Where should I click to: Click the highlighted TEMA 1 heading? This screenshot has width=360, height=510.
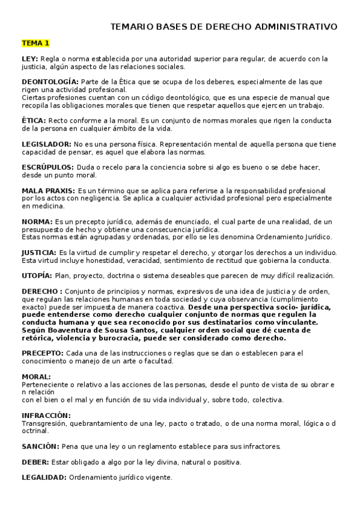click(x=35, y=43)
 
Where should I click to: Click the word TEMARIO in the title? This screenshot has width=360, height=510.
click(x=133, y=26)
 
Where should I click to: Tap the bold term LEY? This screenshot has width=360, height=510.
click(x=29, y=59)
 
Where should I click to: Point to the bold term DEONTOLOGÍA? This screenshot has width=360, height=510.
click(x=50, y=81)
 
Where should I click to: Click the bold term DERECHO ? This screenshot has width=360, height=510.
click(x=41, y=291)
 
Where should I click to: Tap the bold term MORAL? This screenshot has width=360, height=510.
click(x=35, y=376)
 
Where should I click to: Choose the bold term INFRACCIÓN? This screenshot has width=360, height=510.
click(x=46, y=416)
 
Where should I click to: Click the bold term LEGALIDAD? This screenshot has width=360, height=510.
click(x=44, y=478)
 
